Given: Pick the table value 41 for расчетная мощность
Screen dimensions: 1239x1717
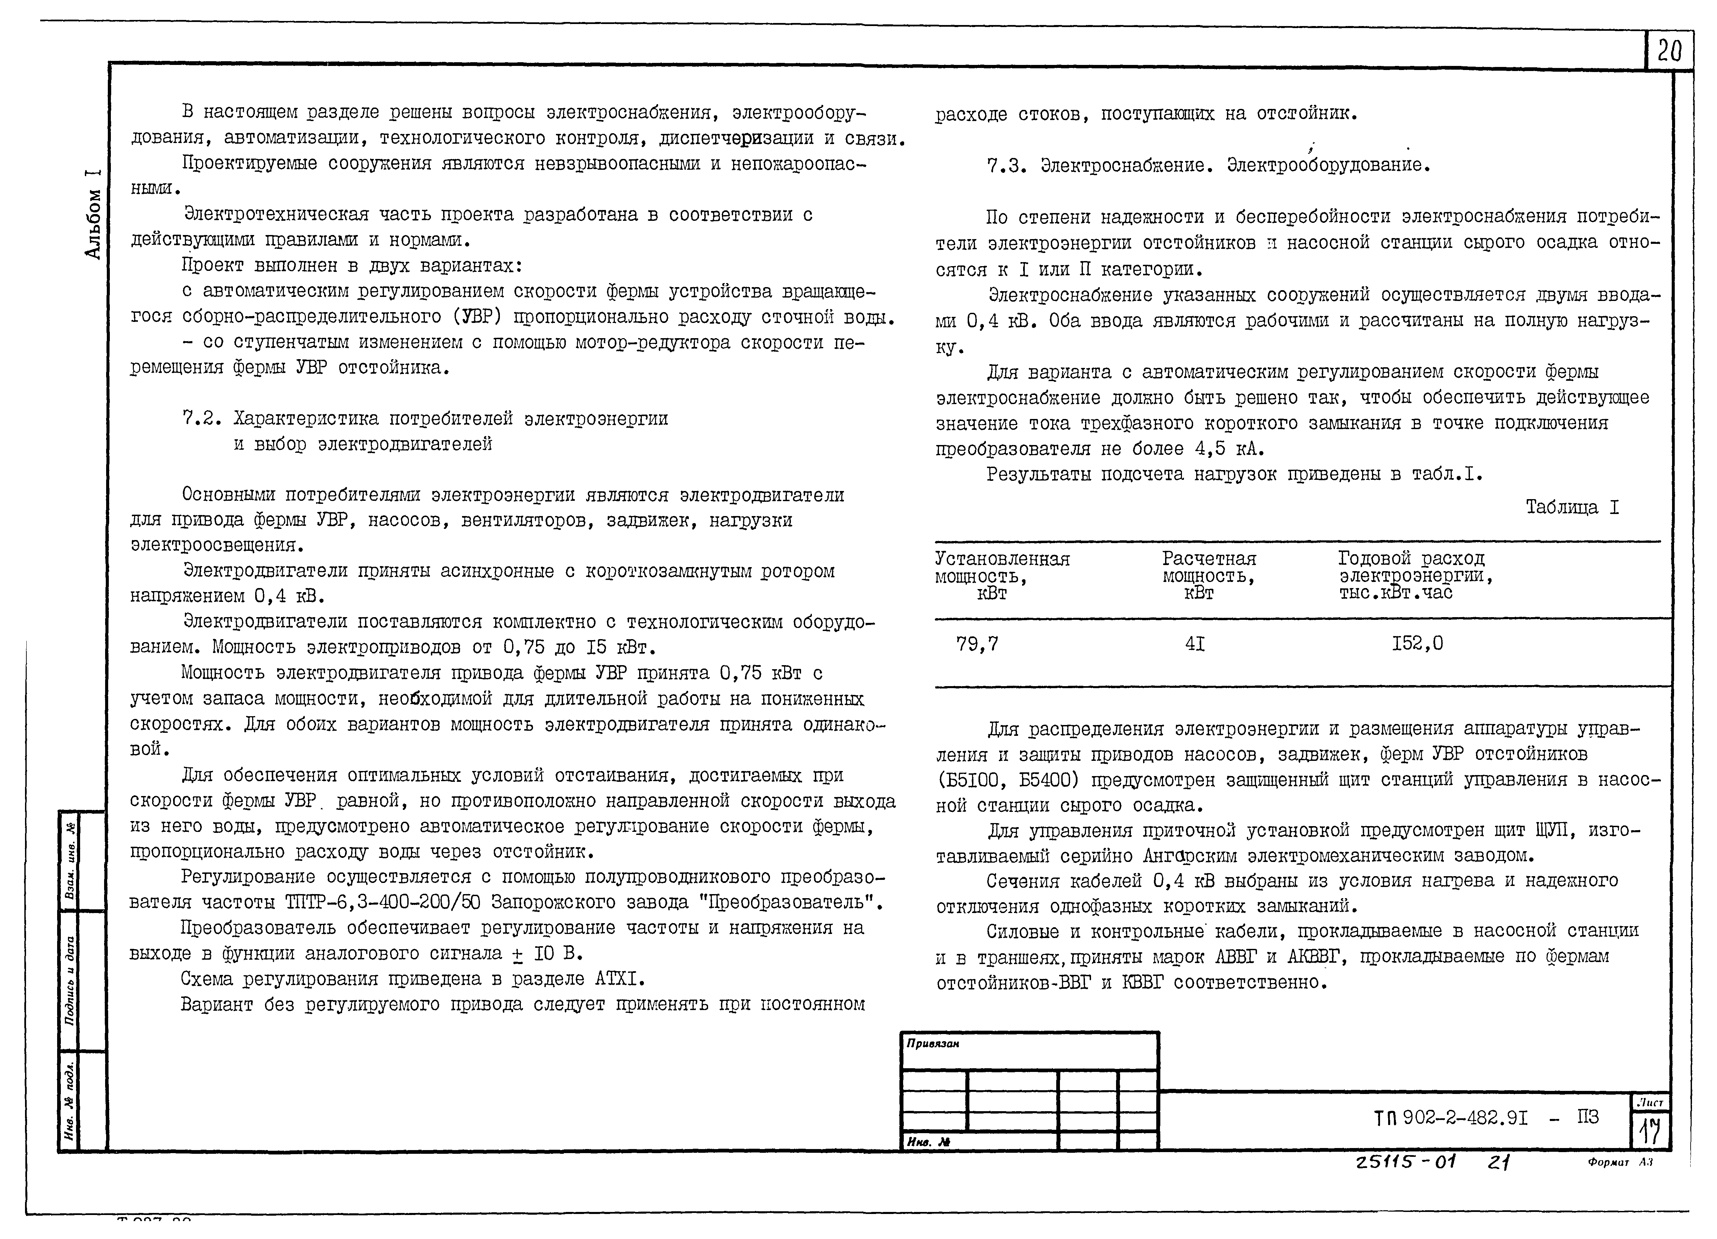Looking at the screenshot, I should coord(1194,644).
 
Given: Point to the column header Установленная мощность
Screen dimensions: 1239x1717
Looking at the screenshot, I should coord(1001,576).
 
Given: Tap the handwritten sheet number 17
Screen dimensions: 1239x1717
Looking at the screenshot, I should coord(1650,1131).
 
